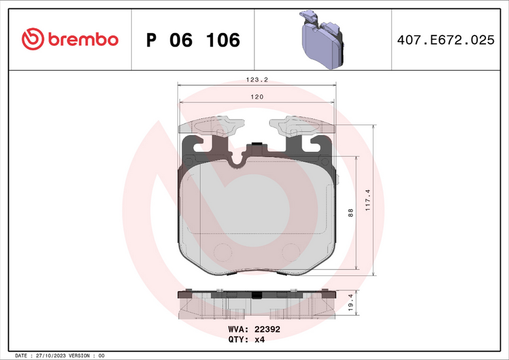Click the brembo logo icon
coord(32,39)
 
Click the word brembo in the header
coord(81,39)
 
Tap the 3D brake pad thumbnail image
coord(321,39)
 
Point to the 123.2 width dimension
coord(256,80)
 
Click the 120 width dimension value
coord(256,97)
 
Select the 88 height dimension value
coord(351,214)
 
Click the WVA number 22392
coord(267,329)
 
